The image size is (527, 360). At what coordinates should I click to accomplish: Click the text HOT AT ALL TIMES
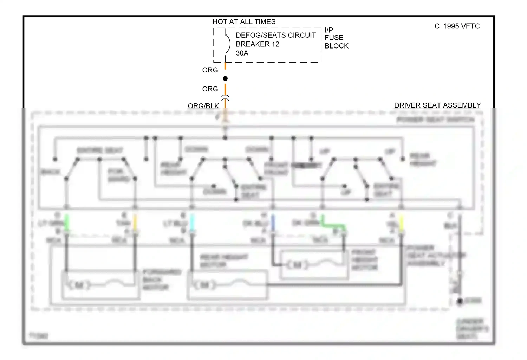point(244,22)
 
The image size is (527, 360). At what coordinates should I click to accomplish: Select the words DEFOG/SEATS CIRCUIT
point(275,35)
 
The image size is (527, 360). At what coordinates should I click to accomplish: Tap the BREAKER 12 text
point(258,44)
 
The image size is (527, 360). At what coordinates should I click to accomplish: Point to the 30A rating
point(242,53)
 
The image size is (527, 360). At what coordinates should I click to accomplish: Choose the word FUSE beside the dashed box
point(334,38)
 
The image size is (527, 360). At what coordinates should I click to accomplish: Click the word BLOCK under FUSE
point(336,46)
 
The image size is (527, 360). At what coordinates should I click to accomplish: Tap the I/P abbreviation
point(329,30)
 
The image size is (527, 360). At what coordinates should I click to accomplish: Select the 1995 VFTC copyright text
point(457,26)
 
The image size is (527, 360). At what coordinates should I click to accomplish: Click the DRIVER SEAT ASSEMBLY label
point(437,105)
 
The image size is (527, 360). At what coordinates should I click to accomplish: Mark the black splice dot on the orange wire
point(225,78)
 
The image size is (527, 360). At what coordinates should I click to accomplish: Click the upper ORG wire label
point(210,70)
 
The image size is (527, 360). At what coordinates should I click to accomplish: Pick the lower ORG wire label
point(210,89)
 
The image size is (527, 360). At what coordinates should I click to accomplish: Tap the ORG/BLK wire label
point(203,105)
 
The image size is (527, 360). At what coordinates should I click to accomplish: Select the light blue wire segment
point(192,222)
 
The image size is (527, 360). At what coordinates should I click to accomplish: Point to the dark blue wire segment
point(273,222)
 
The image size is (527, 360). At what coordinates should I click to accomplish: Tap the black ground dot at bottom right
point(460,301)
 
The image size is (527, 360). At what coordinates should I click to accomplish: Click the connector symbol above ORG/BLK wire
point(225,97)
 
